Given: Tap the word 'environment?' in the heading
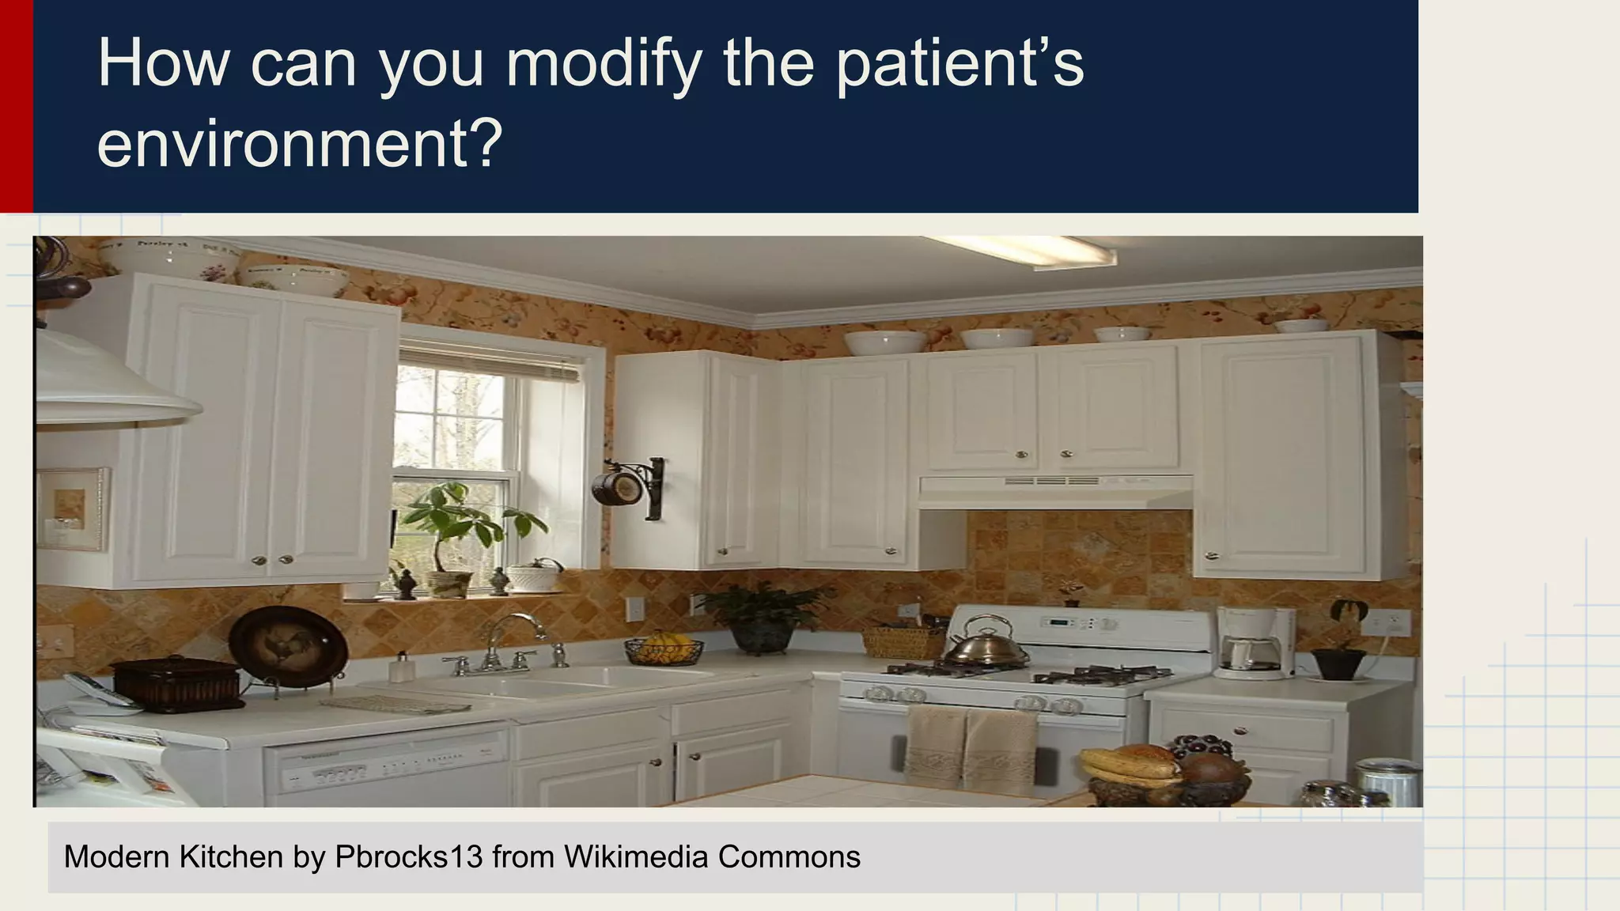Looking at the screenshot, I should [x=299, y=144].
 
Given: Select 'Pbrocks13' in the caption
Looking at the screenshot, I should [x=408, y=857].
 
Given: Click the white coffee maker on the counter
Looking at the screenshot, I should [x=1254, y=644].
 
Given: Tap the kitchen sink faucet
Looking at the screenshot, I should [x=506, y=641].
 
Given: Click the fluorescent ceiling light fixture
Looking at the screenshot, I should [x=1036, y=251].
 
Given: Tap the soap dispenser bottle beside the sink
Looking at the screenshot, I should [x=401, y=667].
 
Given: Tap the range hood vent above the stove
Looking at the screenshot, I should [x=1055, y=490].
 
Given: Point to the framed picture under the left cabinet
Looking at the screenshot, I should [x=71, y=508].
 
